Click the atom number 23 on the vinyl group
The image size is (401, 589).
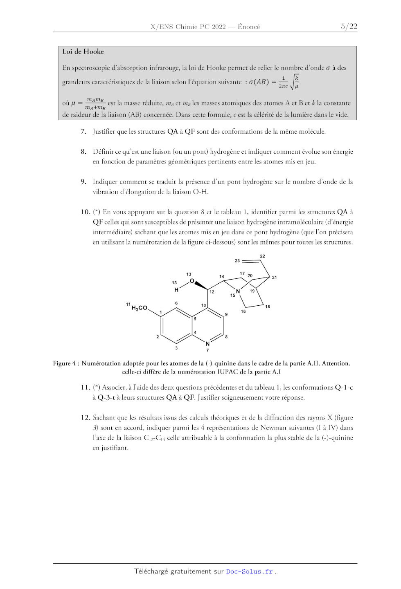point(237,260)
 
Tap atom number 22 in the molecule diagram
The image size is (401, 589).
point(262,256)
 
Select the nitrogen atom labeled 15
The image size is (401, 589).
point(238,291)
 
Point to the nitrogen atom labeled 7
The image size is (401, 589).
point(207,344)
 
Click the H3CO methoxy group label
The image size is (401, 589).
point(139,308)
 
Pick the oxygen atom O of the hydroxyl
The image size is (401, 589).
point(192,281)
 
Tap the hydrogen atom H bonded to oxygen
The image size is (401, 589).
point(176,290)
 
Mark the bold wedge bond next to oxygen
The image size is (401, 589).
point(201,285)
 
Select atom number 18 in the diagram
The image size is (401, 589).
point(268,307)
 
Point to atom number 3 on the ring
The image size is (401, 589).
point(176,348)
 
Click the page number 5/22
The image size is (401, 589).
point(349,27)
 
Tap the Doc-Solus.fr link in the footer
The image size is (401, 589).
point(250,571)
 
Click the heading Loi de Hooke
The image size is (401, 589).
point(83,52)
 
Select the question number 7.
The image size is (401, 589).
point(83,132)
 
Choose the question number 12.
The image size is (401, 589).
point(85,418)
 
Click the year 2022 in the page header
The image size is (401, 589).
point(219,27)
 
